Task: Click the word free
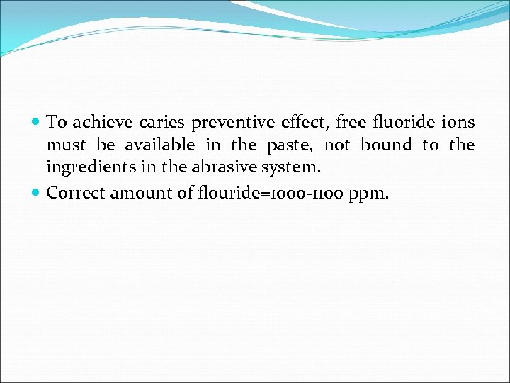[x=352, y=122]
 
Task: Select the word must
[x=66, y=145]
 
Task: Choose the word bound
[x=386, y=145]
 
